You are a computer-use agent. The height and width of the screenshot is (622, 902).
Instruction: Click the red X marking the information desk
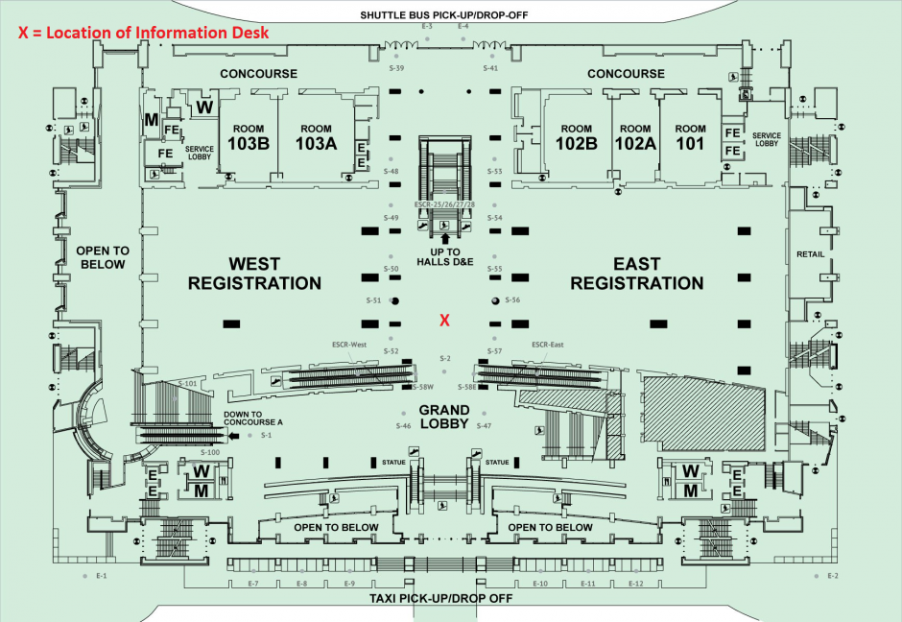pos(444,321)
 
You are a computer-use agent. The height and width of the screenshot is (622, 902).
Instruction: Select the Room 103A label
pos(316,136)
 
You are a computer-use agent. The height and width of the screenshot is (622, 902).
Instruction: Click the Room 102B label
pos(577,136)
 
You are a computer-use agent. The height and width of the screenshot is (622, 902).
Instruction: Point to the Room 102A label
pos(634,136)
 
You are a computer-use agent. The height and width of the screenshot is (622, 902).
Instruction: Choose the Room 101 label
pos(690,136)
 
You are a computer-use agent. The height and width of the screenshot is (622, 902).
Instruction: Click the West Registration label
pos(254,274)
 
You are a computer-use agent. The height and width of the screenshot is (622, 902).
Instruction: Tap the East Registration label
pos(637,274)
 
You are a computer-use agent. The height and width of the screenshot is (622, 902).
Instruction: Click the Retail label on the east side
pos(811,254)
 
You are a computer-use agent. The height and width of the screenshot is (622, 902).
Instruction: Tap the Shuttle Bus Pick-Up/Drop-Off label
pos(444,14)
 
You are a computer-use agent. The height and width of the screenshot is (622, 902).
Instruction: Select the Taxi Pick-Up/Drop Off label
pos(441,598)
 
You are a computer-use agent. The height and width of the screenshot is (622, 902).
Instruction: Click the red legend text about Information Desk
pos(143,32)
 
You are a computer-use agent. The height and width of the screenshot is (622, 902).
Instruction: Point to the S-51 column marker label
pos(374,300)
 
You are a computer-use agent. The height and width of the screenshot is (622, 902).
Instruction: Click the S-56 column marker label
pos(513,300)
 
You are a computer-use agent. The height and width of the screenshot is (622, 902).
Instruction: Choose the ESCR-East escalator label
pos(546,344)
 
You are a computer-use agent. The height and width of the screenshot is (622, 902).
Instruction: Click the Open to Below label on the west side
pos(101,257)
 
